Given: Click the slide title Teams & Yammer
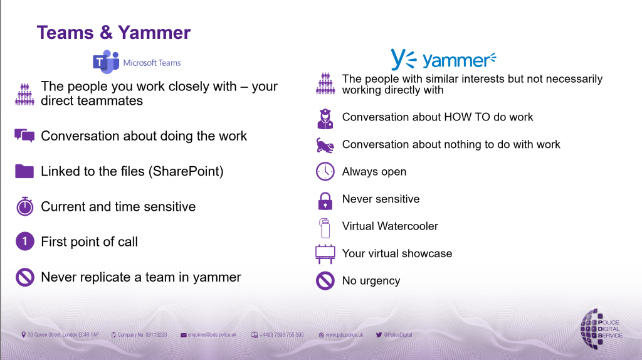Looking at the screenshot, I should point(113,32).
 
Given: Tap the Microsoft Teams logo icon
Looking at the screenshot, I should point(106,62).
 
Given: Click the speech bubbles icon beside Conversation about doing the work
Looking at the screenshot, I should point(24,136).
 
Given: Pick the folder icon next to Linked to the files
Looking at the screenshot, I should point(24,171).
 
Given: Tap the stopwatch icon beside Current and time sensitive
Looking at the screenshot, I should point(24,206).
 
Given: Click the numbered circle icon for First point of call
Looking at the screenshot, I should point(24,241).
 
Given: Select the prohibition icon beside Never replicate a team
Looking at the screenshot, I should point(24,277).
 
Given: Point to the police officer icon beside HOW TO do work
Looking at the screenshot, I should point(325,117).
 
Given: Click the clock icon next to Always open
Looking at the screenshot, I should point(325,171).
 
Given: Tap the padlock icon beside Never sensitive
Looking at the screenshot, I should point(325,199).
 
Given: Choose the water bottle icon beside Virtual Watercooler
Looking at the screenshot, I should point(325,226).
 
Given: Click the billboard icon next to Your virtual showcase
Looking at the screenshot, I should point(325,253).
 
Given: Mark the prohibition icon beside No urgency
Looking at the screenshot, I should point(325,281).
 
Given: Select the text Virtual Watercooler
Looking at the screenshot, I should point(390,226).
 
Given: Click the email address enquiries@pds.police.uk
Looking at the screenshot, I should point(212,335).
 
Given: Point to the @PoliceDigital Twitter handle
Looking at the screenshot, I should point(397,335).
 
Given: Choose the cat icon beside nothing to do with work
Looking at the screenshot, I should point(325,145).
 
